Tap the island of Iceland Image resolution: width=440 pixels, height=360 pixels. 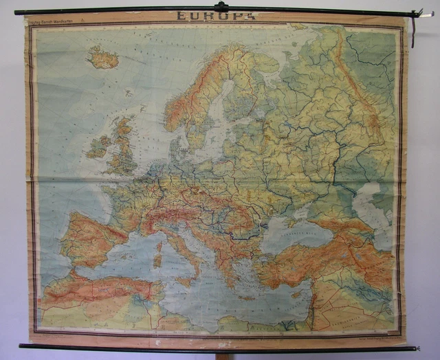103,59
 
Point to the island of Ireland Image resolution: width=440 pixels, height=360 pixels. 98,146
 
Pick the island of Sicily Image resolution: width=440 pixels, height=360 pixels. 185,280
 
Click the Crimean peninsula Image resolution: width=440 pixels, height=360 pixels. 289,214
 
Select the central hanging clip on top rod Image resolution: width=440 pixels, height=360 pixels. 221,7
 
